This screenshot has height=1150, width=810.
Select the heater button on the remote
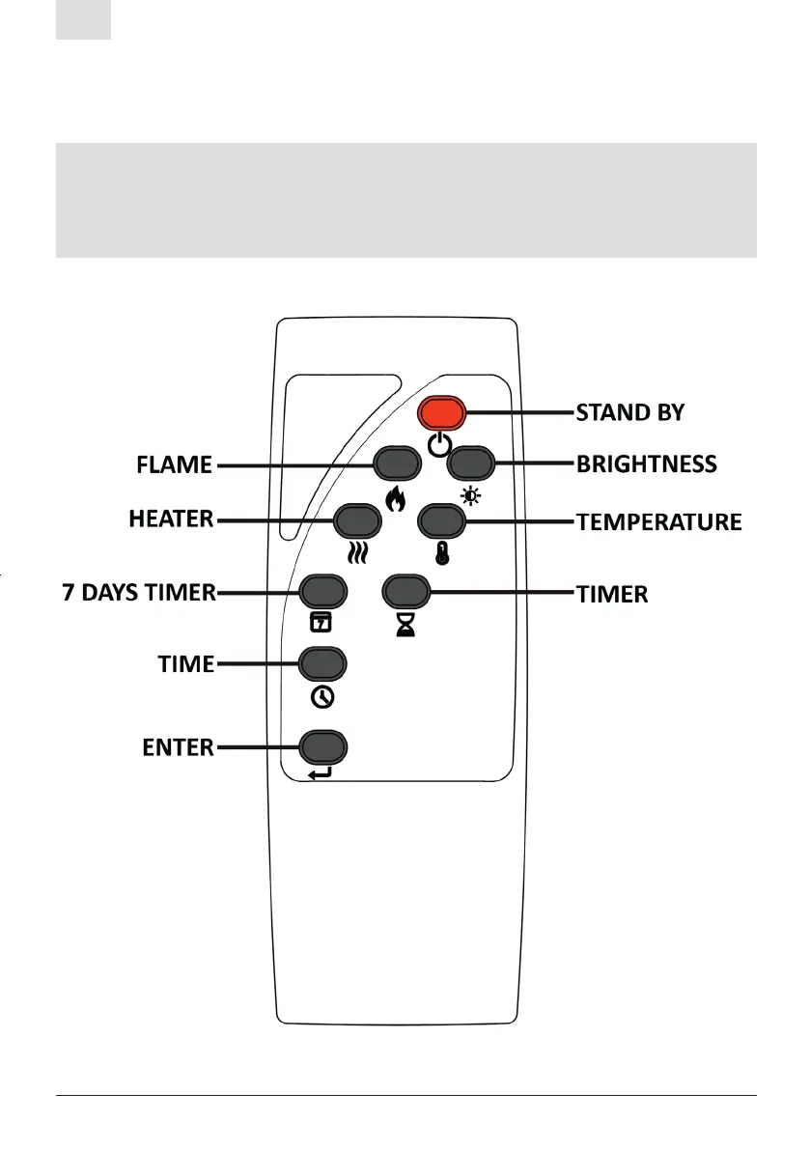tap(356, 520)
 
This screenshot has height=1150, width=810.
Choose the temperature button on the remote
tap(442, 521)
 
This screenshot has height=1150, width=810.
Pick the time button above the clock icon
tap(322, 663)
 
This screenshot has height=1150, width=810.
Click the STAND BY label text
tap(630, 413)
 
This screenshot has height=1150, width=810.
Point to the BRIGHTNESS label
tap(647, 464)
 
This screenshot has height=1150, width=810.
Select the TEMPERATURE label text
tap(659, 522)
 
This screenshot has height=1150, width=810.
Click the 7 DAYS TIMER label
tap(139, 592)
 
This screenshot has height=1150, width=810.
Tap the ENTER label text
tap(172, 747)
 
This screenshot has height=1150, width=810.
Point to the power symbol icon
tap(439, 445)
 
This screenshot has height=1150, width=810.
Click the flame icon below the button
tap(397, 500)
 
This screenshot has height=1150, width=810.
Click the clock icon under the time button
tap(322, 697)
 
